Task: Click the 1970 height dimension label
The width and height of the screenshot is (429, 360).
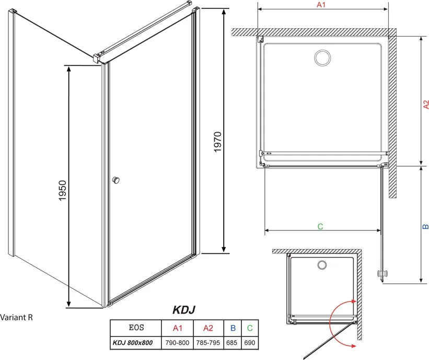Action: tap(217, 142)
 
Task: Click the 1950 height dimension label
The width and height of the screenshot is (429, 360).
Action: tap(63, 191)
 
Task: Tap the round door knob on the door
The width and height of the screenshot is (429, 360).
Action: tap(116, 180)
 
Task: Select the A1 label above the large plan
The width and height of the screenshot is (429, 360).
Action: tap(321, 5)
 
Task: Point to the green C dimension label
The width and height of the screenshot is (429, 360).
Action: tap(320, 227)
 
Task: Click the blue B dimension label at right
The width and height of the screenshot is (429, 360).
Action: tap(425, 227)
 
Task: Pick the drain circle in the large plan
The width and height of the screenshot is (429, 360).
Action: tap(322, 58)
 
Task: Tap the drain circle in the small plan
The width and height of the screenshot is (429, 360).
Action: tap(322, 265)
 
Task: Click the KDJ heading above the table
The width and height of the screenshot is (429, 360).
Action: tap(184, 310)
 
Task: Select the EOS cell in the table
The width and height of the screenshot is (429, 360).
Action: tap(136, 328)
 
